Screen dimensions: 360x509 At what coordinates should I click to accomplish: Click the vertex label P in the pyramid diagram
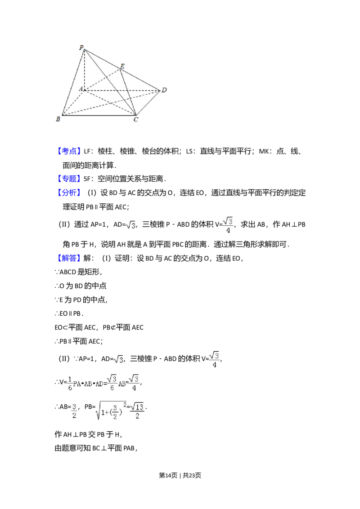(x=81, y=48)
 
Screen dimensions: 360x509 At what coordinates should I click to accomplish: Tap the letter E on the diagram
(x=122, y=66)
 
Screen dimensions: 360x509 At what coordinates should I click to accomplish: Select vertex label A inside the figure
(x=81, y=89)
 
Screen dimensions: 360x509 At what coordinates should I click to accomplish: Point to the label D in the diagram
(x=164, y=90)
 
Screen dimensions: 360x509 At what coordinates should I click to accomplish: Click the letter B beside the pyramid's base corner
(x=58, y=119)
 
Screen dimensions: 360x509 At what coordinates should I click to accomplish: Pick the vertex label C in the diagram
(x=136, y=120)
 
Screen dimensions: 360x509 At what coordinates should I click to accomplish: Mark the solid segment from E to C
(x=129, y=92)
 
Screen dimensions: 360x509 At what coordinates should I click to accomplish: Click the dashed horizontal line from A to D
(x=121, y=90)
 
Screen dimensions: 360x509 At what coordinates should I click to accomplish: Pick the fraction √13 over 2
(x=137, y=410)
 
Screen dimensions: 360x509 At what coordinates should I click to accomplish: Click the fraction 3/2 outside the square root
(x=74, y=410)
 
